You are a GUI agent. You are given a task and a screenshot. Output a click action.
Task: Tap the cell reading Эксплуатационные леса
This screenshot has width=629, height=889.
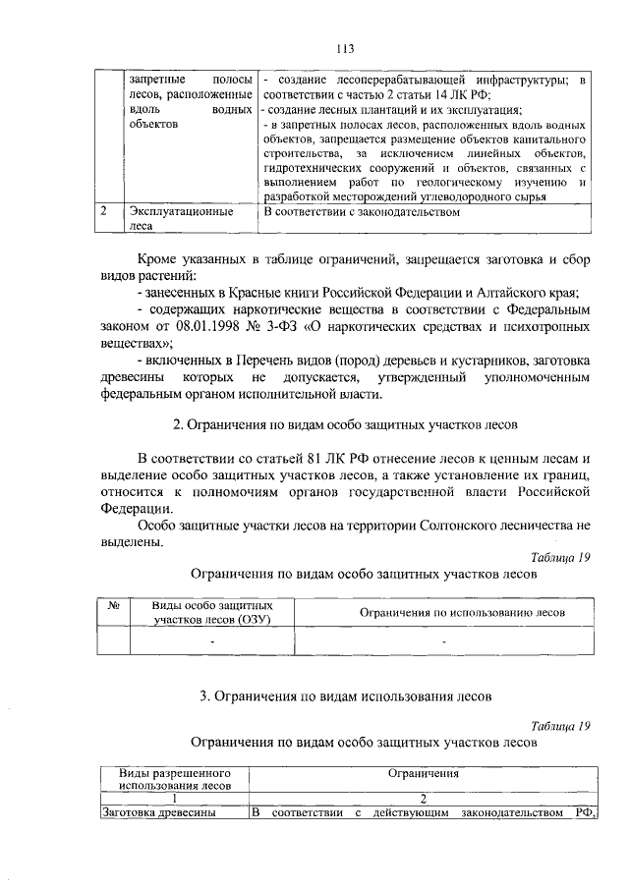174,217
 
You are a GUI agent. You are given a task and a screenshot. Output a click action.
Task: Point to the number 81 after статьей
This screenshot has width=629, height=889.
316,459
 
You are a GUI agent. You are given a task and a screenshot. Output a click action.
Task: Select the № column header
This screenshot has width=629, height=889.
112,607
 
